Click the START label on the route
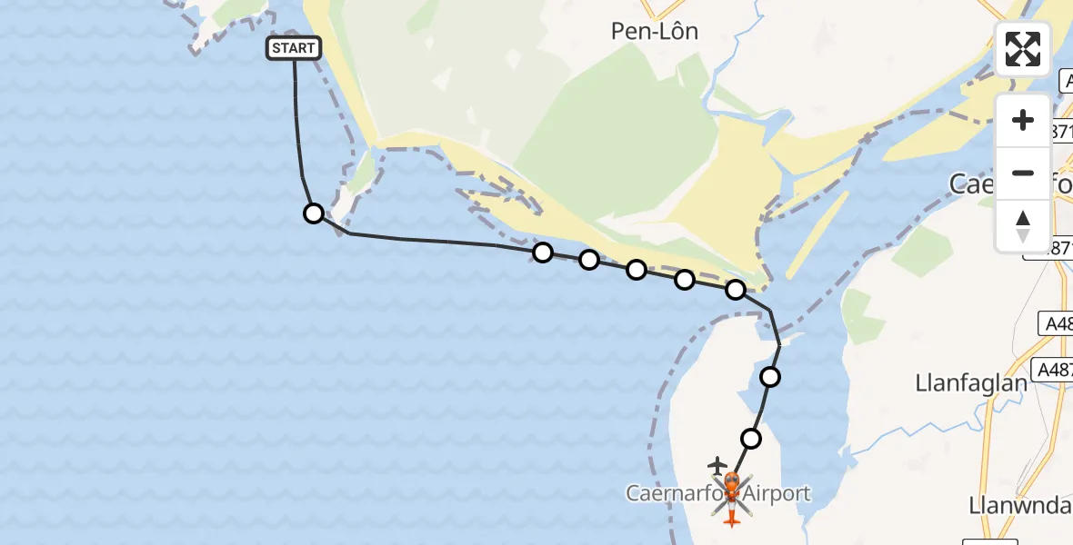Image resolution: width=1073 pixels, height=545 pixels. [294, 48]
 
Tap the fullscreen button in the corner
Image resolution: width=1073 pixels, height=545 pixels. [1023, 49]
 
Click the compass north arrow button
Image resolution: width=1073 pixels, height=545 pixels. [1023, 226]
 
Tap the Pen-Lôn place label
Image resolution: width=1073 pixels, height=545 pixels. [655, 32]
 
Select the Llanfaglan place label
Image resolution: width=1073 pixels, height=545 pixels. [970, 383]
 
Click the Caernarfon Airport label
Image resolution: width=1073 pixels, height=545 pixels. [717, 494]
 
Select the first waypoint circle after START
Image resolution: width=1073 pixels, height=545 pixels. [314, 213]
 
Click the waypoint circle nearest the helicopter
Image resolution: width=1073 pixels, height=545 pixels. [751, 439]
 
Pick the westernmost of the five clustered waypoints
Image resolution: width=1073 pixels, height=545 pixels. [543, 253]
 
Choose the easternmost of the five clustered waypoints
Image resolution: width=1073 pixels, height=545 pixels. [736, 290]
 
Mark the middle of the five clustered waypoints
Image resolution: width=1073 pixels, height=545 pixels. [637, 270]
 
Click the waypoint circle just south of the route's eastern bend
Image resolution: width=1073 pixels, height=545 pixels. [770, 376]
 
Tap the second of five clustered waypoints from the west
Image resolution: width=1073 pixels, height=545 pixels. [589, 261]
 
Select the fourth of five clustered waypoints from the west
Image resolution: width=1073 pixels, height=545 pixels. [685, 280]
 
